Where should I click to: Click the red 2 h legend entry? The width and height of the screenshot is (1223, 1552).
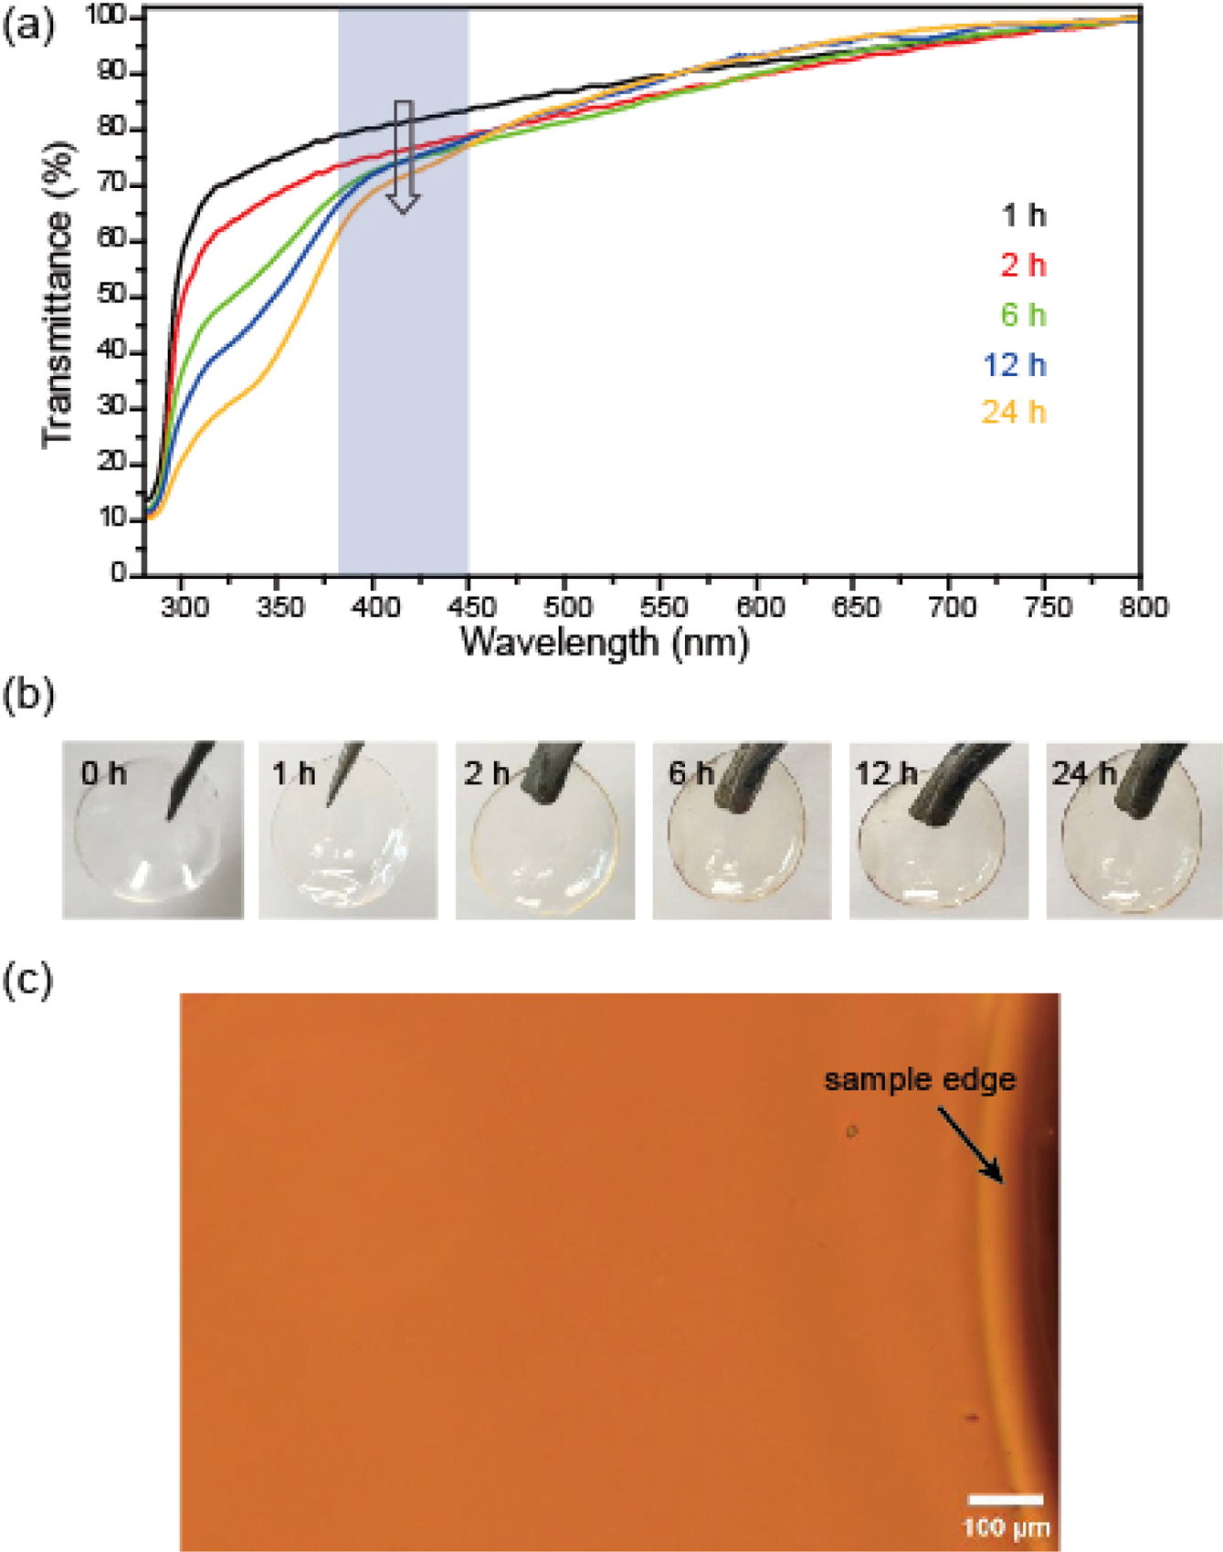pyautogui.click(x=1023, y=266)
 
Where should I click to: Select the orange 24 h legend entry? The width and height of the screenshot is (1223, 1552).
pyautogui.click(x=1013, y=413)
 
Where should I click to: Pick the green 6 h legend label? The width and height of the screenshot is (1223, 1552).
pyautogui.click(x=1023, y=315)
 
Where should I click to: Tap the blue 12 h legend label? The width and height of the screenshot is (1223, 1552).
pyautogui.click(x=1014, y=364)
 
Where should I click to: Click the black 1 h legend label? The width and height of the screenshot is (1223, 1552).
pyautogui.click(x=1023, y=216)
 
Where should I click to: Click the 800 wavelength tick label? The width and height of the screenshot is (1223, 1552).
pyautogui.click(x=1140, y=606)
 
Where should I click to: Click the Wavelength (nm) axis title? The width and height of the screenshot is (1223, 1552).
pyautogui.click(x=605, y=642)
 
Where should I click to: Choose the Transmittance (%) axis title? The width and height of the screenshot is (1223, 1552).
pyautogui.click(x=57, y=295)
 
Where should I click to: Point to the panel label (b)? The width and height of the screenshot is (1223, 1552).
pyautogui.click(x=28, y=696)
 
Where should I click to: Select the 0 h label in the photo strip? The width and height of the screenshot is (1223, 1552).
pyautogui.click(x=102, y=774)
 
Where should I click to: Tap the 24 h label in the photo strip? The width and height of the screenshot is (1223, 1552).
pyautogui.click(x=1084, y=774)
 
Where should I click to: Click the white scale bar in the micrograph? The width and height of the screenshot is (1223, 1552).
pyautogui.click(x=1006, y=1498)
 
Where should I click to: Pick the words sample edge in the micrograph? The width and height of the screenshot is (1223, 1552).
pyautogui.click(x=919, y=1080)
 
